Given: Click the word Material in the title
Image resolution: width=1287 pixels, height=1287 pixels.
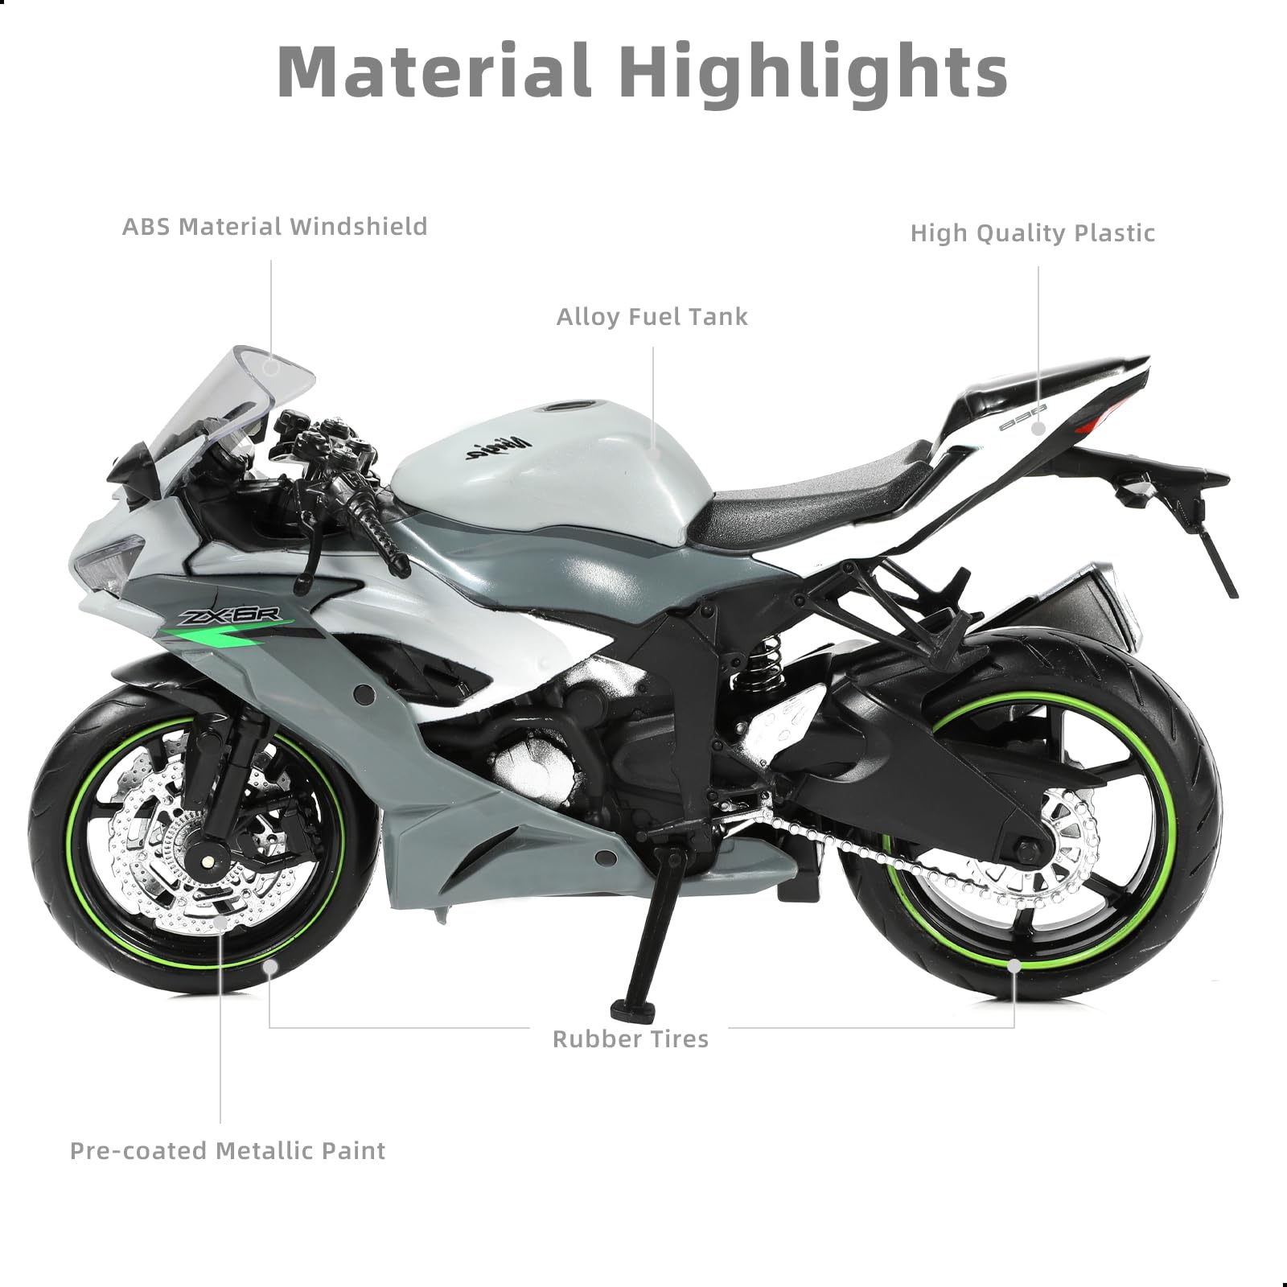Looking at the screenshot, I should point(434,72).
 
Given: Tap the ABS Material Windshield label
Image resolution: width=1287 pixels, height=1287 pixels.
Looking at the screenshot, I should point(274,227).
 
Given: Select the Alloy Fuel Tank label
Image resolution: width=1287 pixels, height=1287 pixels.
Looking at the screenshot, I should point(652,317).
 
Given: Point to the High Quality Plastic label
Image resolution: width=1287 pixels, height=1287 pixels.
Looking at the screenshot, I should point(1032,233).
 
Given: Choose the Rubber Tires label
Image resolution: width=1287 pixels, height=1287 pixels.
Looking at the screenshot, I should point(630,1039).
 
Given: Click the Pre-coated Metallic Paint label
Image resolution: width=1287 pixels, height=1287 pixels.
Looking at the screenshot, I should point(228,1151).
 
